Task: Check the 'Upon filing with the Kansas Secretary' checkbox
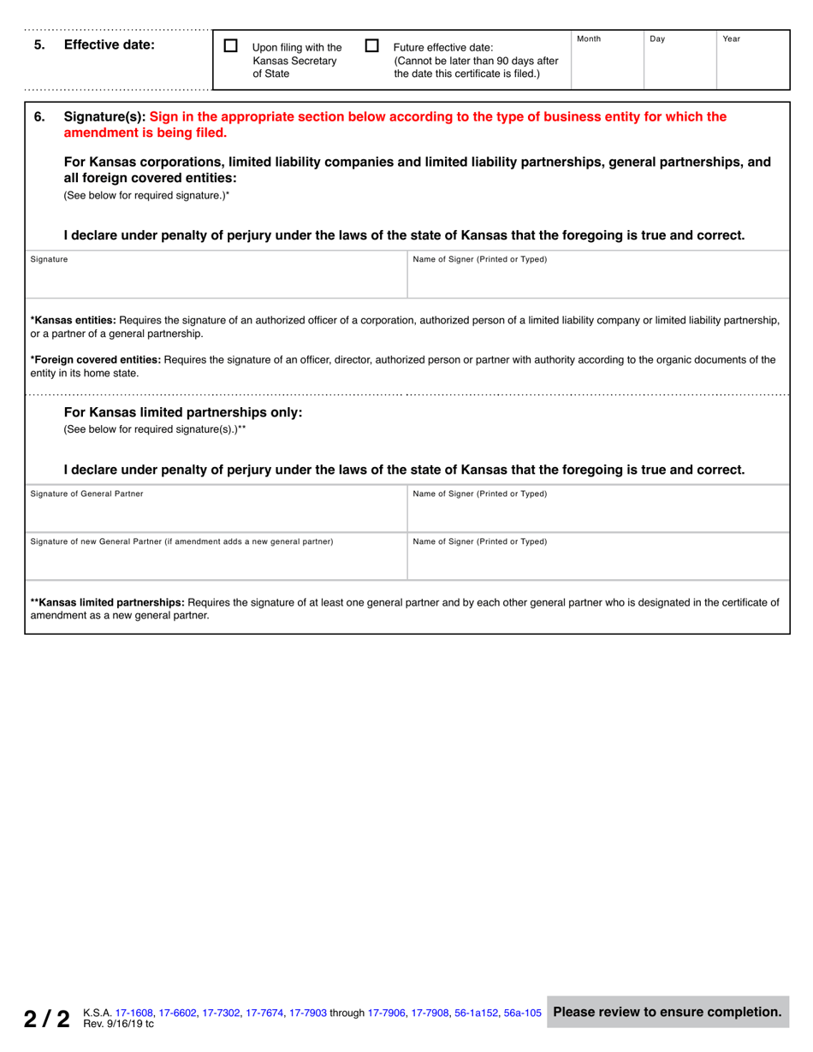click(x=230, y=46)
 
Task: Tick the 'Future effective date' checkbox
click(x=371, y=46)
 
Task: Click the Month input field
click(x=607, y=65)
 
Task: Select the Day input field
click(x=679, y=65)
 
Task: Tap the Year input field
click(x=752, y=65)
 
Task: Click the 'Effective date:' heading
click(x=110, y=45)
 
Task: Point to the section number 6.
click(x=39, y=117)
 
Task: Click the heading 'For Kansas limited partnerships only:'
click(x=183, y=412)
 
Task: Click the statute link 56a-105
click(x=521, y=1013)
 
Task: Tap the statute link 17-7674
click(x=264, y=1013)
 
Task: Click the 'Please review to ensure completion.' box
click(x=668, y=1012)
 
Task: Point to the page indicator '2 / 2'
click(x=46, y=1018)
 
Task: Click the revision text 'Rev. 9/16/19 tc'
click(x=119, y=1024)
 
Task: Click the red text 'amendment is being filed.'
click(x=145, y=133)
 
